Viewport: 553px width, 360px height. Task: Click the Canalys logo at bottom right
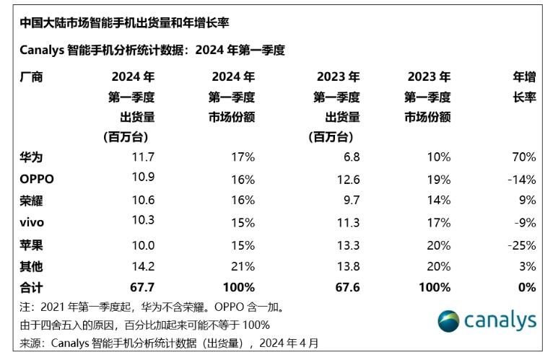[x=487, y=320]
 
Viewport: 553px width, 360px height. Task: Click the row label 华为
[x=31, y=157]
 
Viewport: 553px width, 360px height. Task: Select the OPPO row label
[x=37, y=178]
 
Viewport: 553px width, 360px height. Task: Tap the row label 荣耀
[x=31, y=201]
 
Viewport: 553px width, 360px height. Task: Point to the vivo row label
[x=32, y=222]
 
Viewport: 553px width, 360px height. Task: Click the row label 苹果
[x=31, y=244]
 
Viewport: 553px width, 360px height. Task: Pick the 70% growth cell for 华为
[x=522, y=157]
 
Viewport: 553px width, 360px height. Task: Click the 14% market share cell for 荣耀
[x=438, y=201]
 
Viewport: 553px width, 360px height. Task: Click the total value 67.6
[x=345, y=287]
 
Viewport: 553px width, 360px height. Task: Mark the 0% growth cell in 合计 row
[x=526, y=287]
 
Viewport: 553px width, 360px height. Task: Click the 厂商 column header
[x=31, y=76]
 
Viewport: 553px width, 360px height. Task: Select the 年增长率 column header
[x=523, y=87]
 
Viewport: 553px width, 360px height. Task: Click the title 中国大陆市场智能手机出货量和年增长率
[x=123, y=23]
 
